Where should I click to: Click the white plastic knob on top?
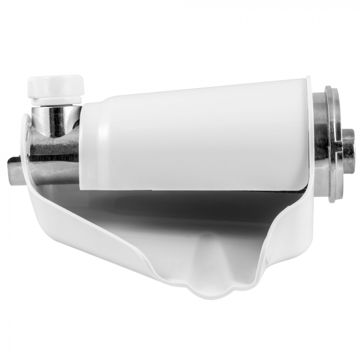pyautogui.click(x=56, y=84)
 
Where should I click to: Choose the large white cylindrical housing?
pyautogui.click(x=195, y=134)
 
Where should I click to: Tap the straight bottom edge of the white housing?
pyautogui.click(x=195, y=189)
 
